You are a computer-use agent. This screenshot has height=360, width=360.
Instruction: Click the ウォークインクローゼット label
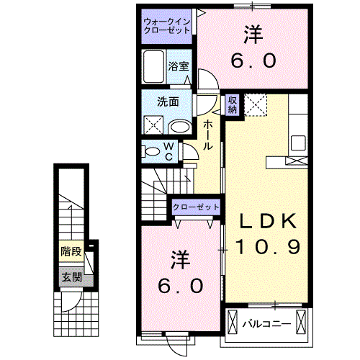point(167,26)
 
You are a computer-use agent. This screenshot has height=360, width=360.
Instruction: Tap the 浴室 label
point(178,65)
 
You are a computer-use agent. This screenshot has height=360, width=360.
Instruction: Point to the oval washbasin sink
point(180,127)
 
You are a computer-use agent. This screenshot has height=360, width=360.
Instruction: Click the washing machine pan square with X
point(153,125)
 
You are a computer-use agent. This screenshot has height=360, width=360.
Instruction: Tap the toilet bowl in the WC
point(152,152)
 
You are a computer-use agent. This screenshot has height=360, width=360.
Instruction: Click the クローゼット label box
point(195,207)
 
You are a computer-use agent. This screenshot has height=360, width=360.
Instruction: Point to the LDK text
point(265,220)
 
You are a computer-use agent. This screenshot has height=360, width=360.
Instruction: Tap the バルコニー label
point(266,323)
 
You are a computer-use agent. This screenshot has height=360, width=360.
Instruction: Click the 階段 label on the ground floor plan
point(71,252)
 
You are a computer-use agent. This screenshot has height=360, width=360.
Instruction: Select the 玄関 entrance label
point(71,277)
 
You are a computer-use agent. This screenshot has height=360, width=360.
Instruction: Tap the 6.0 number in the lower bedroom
point(181,285)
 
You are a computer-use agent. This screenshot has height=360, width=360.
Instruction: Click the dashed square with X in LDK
point(255,105)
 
